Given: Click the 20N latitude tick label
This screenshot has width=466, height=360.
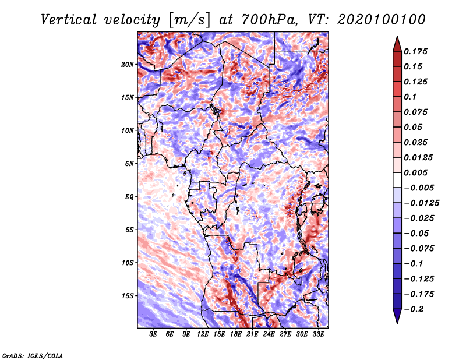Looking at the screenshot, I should tap(128, 64).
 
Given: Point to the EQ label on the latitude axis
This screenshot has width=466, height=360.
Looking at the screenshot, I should tap(129, 196).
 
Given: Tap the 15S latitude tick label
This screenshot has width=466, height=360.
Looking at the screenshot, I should tap(128, 295).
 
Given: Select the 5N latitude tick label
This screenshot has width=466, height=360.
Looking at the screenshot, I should tap(129, 163).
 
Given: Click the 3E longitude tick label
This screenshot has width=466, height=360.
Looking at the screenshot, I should tap(154, 334).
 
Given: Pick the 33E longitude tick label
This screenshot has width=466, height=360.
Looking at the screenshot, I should tap(319, 334).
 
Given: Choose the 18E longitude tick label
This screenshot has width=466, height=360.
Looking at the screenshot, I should tap(236, 334).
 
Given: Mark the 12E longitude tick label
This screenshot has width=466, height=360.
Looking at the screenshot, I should tap(203, 334).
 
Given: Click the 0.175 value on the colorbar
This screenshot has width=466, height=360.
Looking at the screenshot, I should tap(416, 51).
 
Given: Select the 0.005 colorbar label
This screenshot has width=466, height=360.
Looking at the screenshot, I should tap(416, 172).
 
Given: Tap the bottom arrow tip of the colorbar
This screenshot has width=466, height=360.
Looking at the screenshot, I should tap(396, 323).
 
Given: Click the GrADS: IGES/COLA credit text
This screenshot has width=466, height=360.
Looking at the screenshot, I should tap(33, 355).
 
